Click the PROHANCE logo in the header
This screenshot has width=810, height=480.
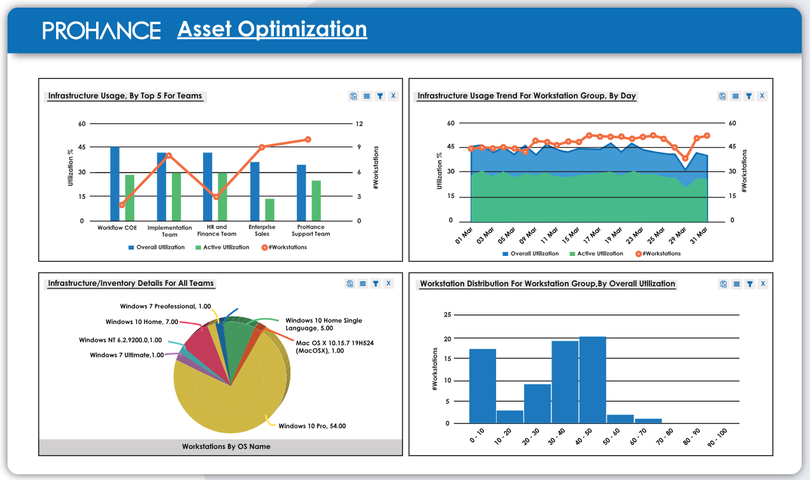click(x=101, y=30)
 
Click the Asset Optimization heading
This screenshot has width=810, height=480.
click(x=272, y=29)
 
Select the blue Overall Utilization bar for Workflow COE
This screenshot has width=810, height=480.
click(x=115, y=184)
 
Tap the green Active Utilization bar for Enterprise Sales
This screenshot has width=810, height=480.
click(x=270, y=210)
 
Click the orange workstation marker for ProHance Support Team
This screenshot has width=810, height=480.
click(x=308, y=139)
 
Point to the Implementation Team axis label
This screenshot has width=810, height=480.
click(x=169, y=230)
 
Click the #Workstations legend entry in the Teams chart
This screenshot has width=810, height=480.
click(x=284, y=247)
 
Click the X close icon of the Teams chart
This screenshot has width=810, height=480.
click(x=393, y=96)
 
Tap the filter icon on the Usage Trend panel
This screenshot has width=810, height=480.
click(x=749, y=96)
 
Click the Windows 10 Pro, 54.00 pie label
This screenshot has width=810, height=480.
click(x=312, y=426)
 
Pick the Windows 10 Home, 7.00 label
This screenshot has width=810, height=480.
click(x=142, y=322)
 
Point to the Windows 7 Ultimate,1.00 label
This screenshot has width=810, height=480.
click(x=127, y=355)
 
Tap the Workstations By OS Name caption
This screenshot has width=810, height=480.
click(x=226, y=446)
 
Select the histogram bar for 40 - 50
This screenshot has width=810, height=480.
click(x=592, y=380)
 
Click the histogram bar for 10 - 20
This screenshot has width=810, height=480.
click(x=509, y=416)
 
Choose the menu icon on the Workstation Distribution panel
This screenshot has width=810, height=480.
click(x=736, y=284)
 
